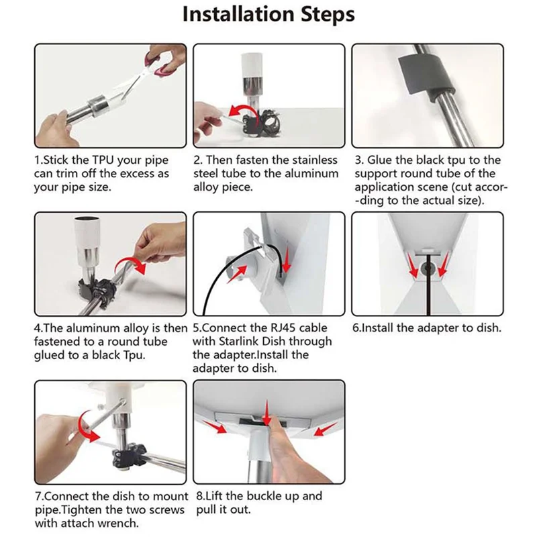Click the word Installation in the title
238,14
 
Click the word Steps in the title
328,15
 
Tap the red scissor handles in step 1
161,62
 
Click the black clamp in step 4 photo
96,289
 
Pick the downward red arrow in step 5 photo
287,260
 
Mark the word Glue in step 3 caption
380,160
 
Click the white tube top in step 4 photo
87,230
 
